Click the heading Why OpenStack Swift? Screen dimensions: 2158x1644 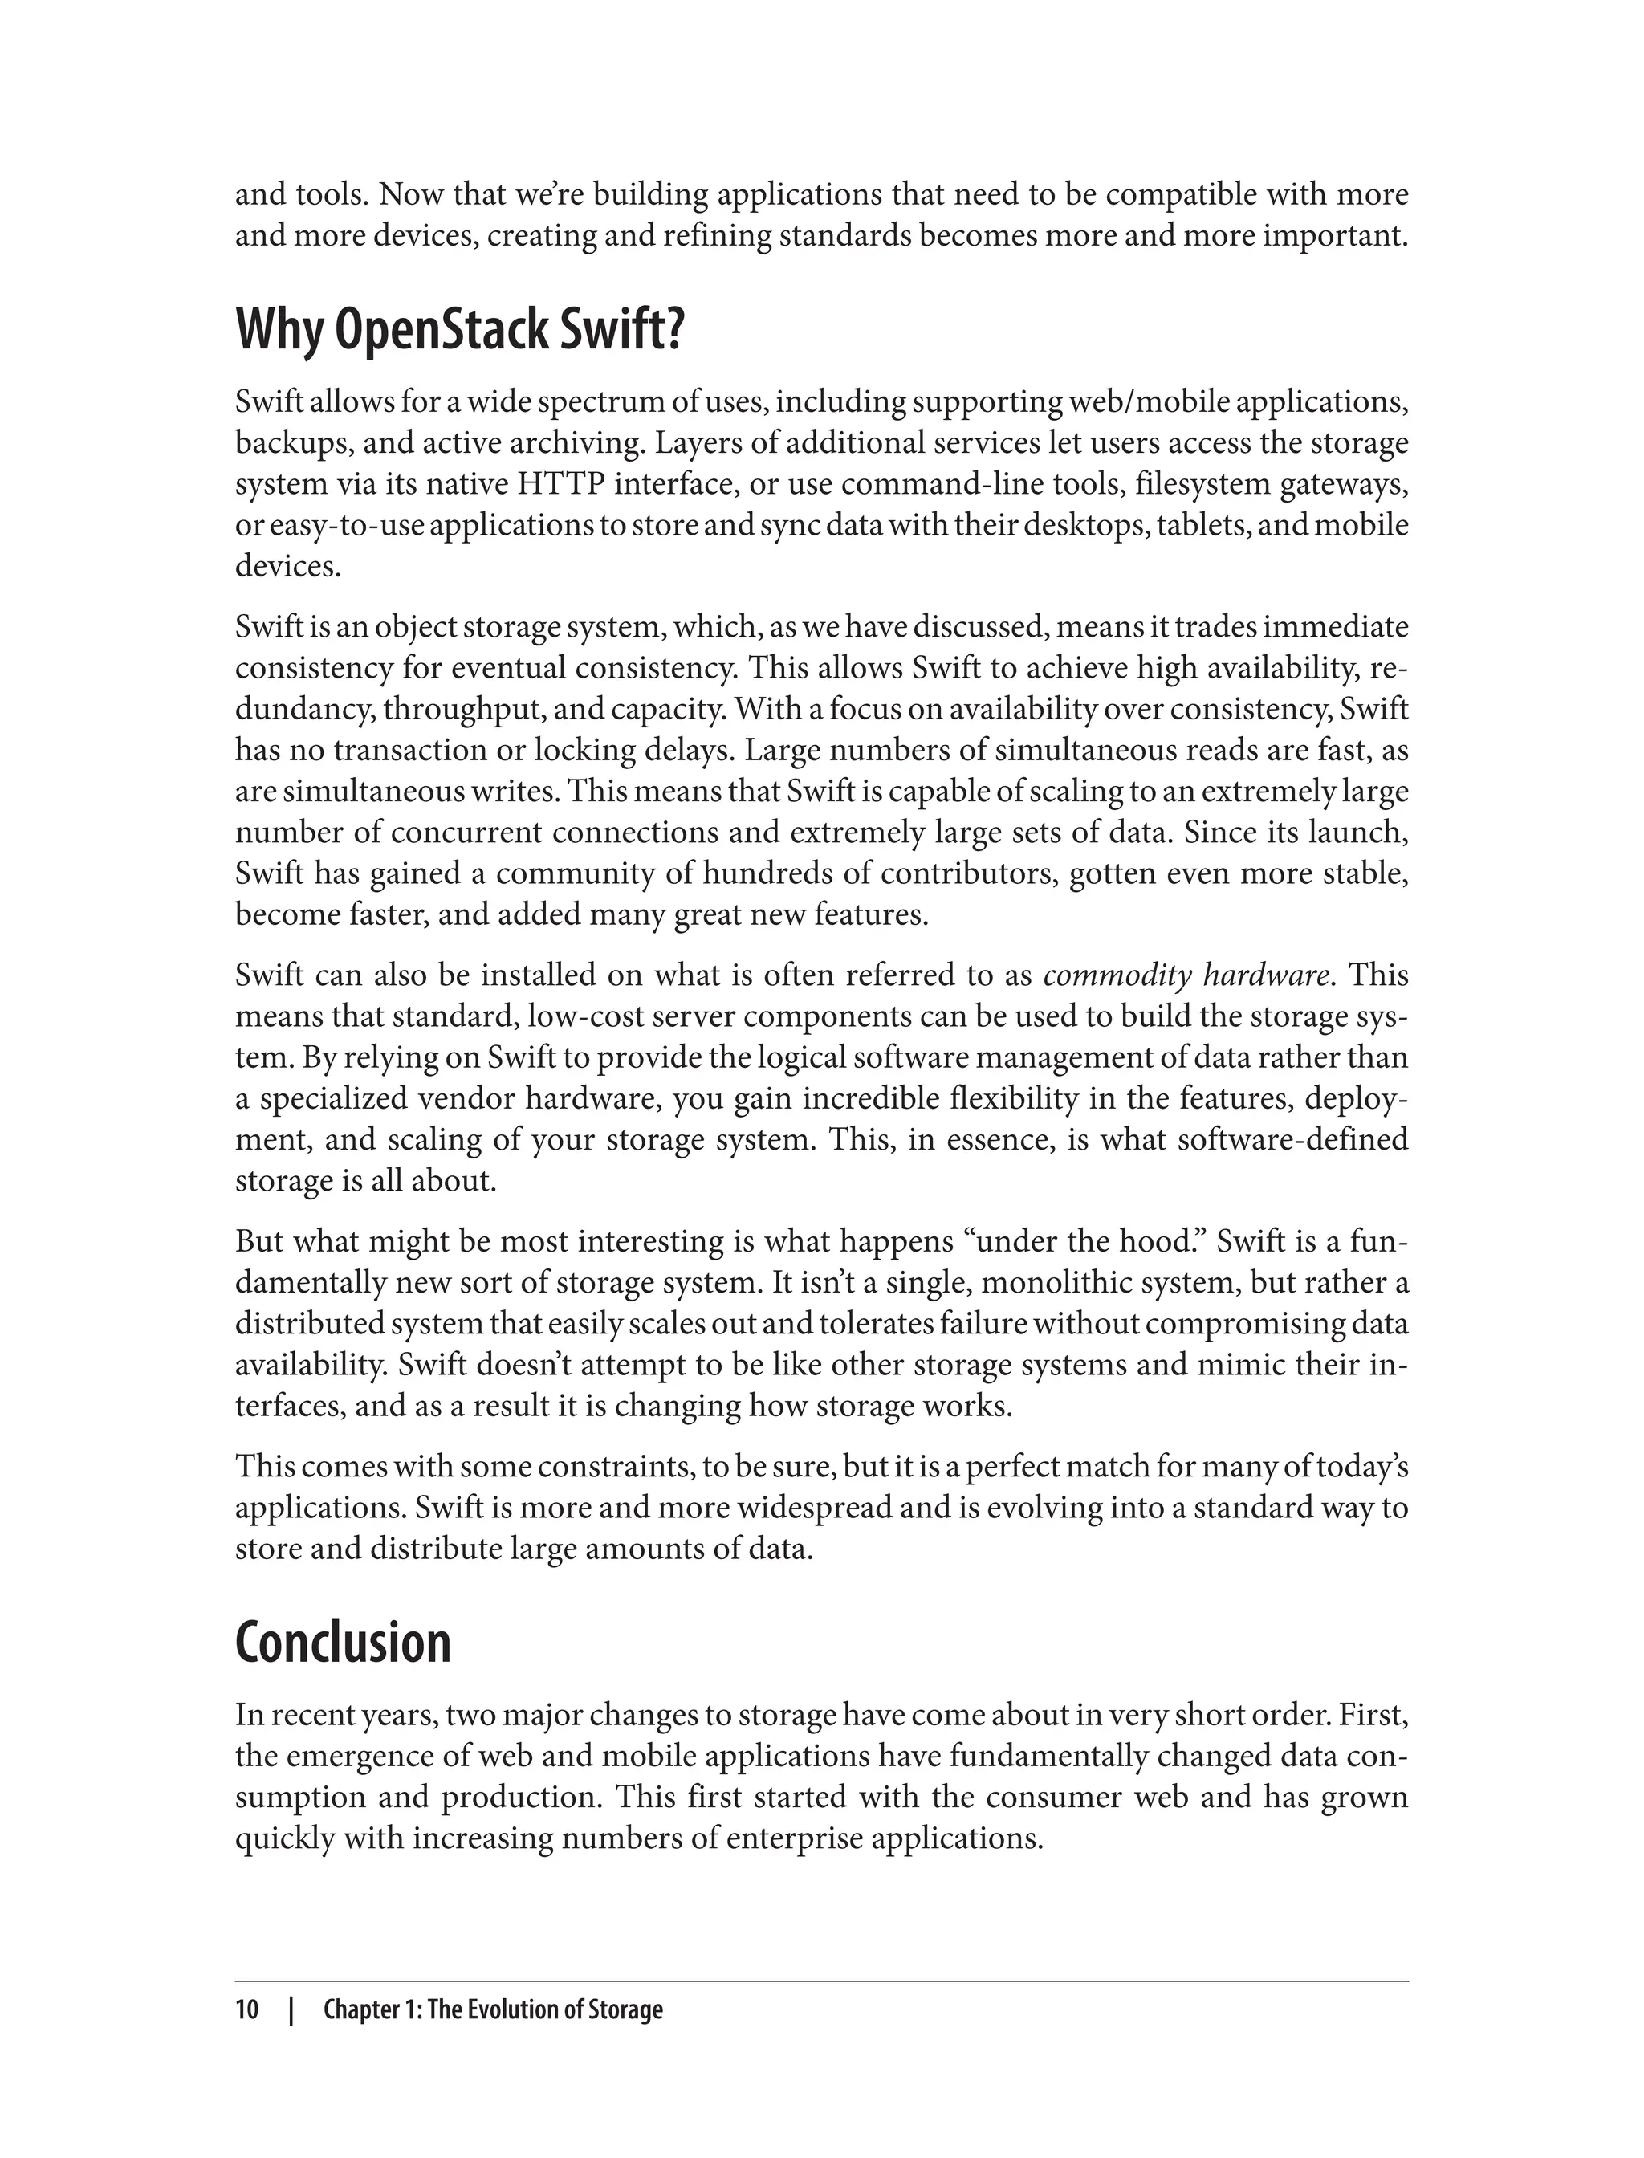tap(459, 332)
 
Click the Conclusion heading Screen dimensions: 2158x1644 tap(343, 1643)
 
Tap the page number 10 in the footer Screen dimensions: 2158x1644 tap(246, 2010)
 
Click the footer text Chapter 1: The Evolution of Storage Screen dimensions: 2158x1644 tap(492, 2010)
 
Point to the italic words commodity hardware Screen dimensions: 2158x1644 tap(1186, 975)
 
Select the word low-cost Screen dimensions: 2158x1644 tap(584, 1017)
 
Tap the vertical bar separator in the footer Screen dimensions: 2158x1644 tap(291, 2010)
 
